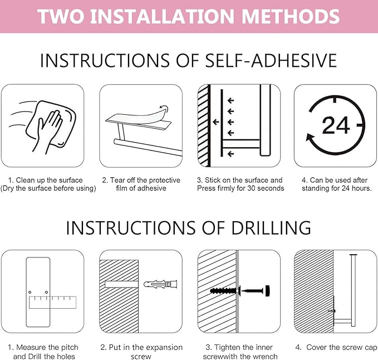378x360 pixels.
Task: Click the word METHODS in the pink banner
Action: pyautogui.click(x=291, y=16)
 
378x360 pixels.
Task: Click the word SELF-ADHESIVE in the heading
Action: pyautogui.click(x=271, y=60)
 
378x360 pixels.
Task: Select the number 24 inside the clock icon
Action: pyautogui.click(x=336, y=125)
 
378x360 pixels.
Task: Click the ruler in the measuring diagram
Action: pyautogui.click(x=52, y=303)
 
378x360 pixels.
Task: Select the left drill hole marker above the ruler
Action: pyautogui.click(x=30, y=292)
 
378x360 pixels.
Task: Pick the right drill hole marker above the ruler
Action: pyautogui.click(x=46, y=292)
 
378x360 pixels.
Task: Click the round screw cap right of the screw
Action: pyautogui.click(x=267, y=291)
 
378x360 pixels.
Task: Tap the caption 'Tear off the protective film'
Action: pyautogui.click(x=141, y=184)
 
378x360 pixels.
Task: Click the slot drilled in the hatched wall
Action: pyautogui.click(x=121, y=284)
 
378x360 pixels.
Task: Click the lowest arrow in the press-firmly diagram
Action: pyautogui.click(x=230, y=154)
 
